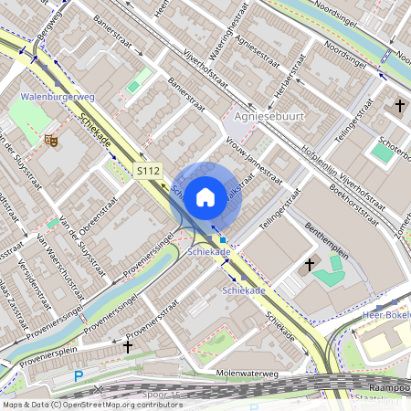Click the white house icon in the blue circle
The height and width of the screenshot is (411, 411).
click(205, 196)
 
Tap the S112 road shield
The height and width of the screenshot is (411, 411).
click(147, 171)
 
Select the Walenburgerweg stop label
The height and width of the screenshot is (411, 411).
click(57, 95)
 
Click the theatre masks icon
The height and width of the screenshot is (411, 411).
click(52, 141)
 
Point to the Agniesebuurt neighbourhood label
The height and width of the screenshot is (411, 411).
click(267, 117)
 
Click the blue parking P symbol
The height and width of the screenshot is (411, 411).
click(79, 376)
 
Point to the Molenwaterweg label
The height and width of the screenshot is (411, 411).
click(247, 373)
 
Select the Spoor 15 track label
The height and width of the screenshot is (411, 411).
click(164, 393)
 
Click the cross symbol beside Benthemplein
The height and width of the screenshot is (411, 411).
click(310, 265)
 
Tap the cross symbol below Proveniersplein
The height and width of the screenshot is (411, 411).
click(128, 346)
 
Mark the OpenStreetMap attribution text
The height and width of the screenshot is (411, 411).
click(91, 404)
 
